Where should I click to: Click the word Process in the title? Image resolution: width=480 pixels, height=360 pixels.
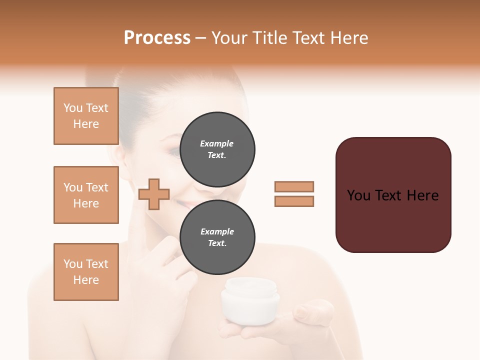pyautogui.click(x=157, y=38)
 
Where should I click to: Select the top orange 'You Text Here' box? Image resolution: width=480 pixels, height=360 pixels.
pyautogui.click(x=86, y=116)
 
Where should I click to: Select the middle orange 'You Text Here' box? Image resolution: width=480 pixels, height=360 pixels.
pyautogui.click(x=86, y=195)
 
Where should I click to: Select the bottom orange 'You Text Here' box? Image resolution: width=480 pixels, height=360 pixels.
pyautogui.click(x=86, y=272)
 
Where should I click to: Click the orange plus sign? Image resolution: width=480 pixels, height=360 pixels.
pyautogui.click(x=154, y=193)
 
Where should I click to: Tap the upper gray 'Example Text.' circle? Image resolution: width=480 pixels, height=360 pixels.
pyautogui.click(x=217, y=149)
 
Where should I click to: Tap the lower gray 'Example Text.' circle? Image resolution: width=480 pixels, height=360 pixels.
pyautogui.click(x=217, y=237)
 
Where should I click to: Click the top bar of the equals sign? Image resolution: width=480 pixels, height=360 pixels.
pyautogui.click(x=294, y=186)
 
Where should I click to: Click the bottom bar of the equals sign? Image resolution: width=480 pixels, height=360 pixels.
pyautogui.click(x=294, y=201)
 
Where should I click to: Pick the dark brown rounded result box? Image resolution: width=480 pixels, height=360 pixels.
pyautogui.click(x=393, y=194)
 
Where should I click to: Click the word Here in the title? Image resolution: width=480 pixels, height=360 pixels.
pyautogui.click(x=348, y=38)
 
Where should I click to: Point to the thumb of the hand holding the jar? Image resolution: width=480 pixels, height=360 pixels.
pyautogui.click(x=305, y=313)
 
